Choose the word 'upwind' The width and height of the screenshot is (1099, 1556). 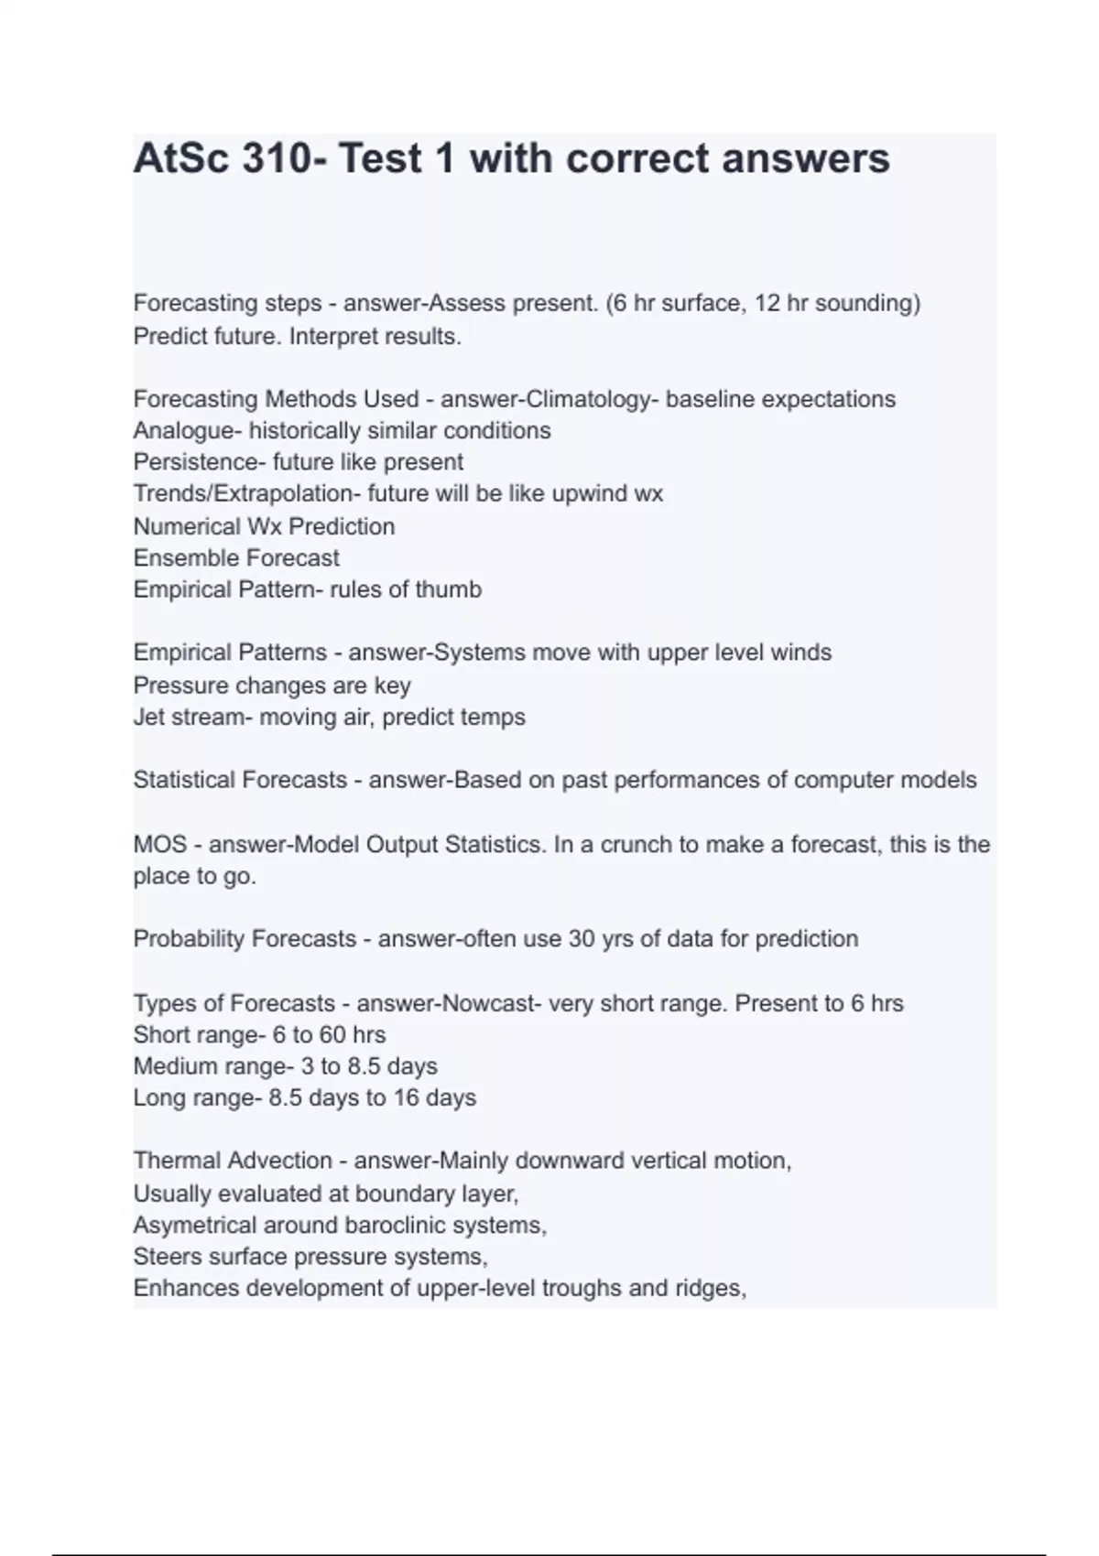coord(591,494)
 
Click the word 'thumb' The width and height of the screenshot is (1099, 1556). coord(448,589)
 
